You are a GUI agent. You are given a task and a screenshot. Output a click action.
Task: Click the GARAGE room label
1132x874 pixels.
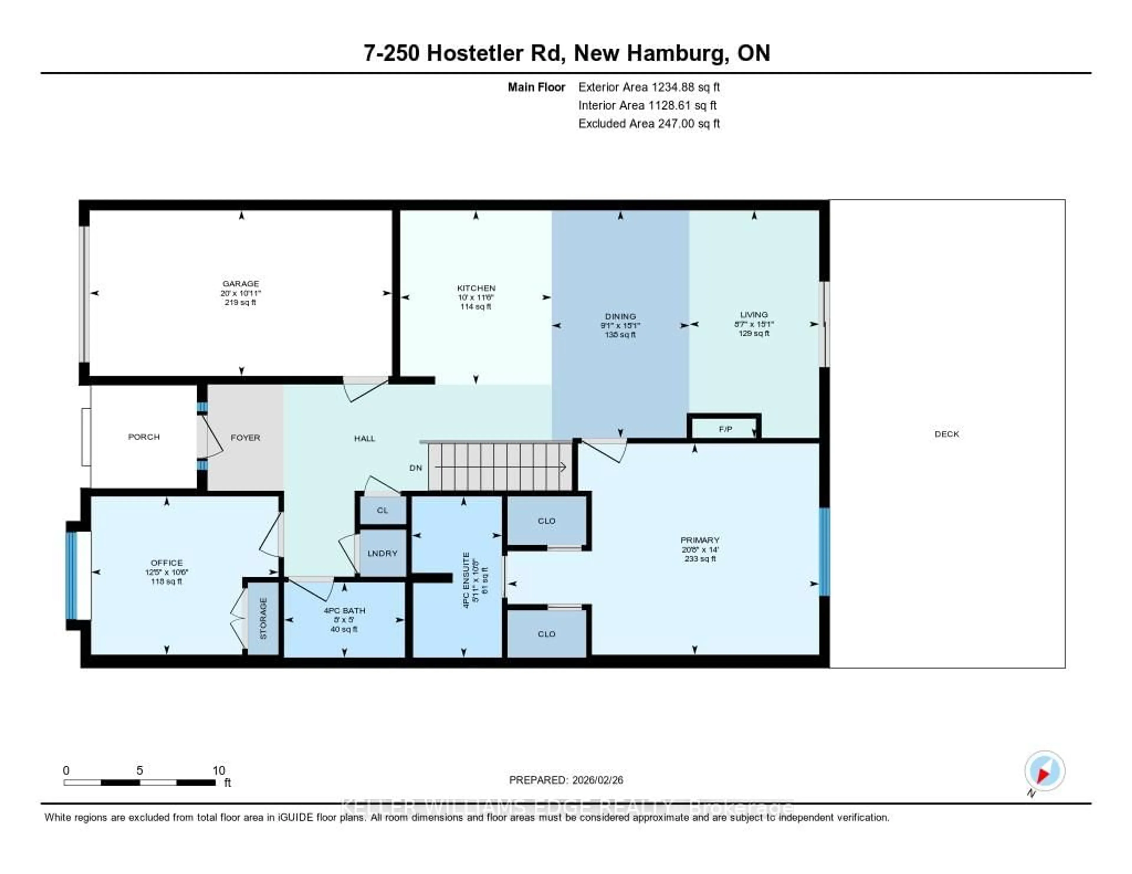(241, 283)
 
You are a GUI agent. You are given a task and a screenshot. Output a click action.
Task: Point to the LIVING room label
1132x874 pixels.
(753, 314)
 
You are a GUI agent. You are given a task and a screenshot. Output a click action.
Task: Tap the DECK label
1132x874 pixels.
(947, 434)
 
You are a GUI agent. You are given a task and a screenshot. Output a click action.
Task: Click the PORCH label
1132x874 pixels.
(144, 437)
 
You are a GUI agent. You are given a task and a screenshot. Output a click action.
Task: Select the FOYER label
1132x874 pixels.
(245, 438)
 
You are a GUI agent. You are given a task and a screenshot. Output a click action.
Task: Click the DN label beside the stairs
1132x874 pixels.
(416, 468)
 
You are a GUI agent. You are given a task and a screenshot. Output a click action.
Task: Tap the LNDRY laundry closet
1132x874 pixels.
(383, 553)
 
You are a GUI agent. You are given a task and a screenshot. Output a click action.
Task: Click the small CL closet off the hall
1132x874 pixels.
(383, 510)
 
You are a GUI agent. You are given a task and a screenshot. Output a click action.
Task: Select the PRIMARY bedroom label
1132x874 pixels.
(700, 540)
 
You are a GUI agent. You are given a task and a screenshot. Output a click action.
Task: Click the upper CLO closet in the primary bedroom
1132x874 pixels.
(547, 521)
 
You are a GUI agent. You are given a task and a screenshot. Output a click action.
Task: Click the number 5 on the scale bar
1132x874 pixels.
(139, 770)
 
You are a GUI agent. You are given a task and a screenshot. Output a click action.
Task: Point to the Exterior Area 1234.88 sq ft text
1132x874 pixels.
(649, 87)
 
